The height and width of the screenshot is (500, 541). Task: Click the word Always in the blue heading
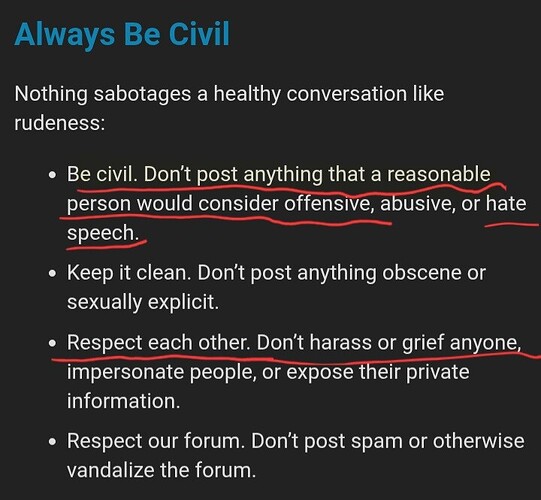tap(64, 35)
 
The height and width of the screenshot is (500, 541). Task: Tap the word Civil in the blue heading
tap(199, 33)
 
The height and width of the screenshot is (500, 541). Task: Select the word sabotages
tap(142, 95)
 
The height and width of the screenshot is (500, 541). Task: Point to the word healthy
tap(247, 95)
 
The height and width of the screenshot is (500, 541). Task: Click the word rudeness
tap(59, 122)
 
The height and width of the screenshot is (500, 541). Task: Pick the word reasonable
tap(439, 174)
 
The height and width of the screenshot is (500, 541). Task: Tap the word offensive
tap(329, 204)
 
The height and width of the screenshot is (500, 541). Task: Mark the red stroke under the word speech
tap(107, 245)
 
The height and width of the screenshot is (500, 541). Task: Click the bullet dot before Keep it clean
tap(52, 274)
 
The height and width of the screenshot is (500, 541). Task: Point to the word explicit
tap(183, 303)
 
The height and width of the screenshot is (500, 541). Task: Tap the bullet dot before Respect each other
tap(52, 343)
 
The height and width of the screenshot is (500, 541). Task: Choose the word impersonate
tap(126, 373)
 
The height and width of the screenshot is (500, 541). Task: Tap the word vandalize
tap(111, 470)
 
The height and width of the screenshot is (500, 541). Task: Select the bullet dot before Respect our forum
tap(52, 442)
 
